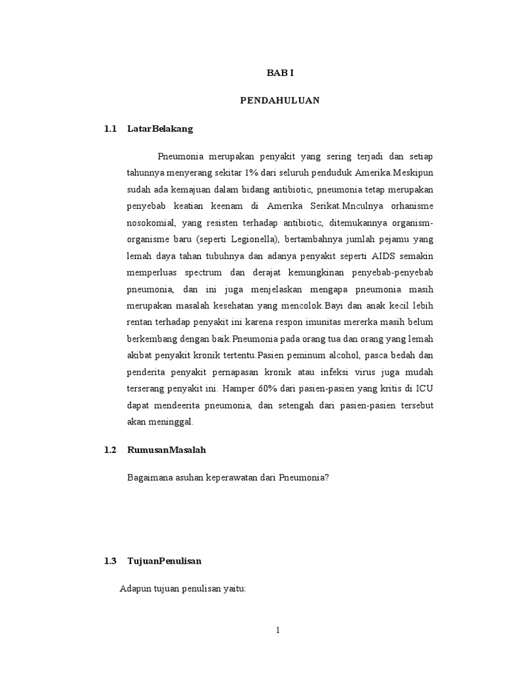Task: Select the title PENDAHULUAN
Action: (x=279, y=100)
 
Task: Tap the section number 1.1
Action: (x=110, y=129)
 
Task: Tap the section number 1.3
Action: (x=110, y=561)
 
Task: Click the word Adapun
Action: (x=134, y=589)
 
